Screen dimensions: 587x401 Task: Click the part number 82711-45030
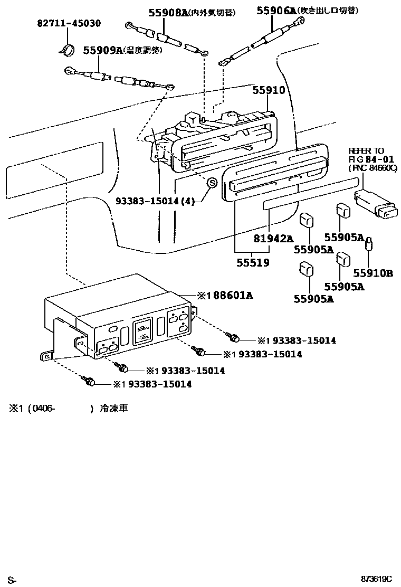click(69, 24)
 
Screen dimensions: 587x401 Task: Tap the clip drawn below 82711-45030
click(66, 49)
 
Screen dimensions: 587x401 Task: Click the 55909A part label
click(103, 50)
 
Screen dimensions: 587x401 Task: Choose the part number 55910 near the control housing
click(268, 90)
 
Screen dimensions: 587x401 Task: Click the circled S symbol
click(211, 183)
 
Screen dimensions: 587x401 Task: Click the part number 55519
click(252, 262)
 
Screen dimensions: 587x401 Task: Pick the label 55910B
click(373, 273)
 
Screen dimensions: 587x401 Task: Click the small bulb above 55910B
click(369, 244)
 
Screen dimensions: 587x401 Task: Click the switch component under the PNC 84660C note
click(375, 204)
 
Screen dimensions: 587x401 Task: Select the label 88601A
click(228, 296)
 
